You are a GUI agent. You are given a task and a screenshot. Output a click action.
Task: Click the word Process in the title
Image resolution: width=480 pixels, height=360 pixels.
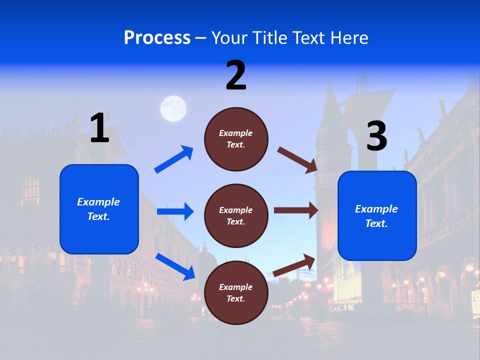[x=157, y=38]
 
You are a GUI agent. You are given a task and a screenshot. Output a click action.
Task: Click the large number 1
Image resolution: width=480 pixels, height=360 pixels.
[x=99, y=128]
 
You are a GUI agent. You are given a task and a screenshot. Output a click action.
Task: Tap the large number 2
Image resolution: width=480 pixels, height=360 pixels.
[x=236, y=75]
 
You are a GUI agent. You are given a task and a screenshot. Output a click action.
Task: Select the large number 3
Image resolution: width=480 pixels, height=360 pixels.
[x=376, y=136]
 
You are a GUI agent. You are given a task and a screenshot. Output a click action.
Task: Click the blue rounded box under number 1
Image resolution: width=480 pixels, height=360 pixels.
[x=99, y=209]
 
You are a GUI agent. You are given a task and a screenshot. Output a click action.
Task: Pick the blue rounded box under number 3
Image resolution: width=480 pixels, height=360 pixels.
[x=377, y=216]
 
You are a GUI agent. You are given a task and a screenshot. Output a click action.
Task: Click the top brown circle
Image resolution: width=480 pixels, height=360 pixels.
[x=236, y=139]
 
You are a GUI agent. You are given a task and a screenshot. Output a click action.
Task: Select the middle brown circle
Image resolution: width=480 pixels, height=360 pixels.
[x=236, y=215]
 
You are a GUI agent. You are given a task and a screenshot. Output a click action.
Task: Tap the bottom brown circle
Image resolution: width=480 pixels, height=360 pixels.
[x=236, y=292]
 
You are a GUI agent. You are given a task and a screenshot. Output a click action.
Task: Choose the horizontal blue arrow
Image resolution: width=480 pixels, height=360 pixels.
[x=175, y=211]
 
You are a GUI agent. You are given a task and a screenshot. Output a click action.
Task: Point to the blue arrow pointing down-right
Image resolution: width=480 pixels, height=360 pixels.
[x=175, y=266]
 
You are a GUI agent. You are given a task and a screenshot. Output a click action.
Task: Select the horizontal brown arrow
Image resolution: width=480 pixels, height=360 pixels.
[x=296, y=210]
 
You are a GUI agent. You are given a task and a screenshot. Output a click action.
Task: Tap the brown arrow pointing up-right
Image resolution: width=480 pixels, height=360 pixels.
[x=294, y=265]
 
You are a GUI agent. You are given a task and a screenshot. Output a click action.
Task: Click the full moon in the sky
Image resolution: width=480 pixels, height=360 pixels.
[x=173, y=108]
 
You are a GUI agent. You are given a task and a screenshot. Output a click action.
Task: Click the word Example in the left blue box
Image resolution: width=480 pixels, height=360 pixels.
[x=98, y=202]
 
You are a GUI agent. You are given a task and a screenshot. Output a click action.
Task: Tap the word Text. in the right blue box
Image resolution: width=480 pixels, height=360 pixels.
[x=376, y=223]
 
